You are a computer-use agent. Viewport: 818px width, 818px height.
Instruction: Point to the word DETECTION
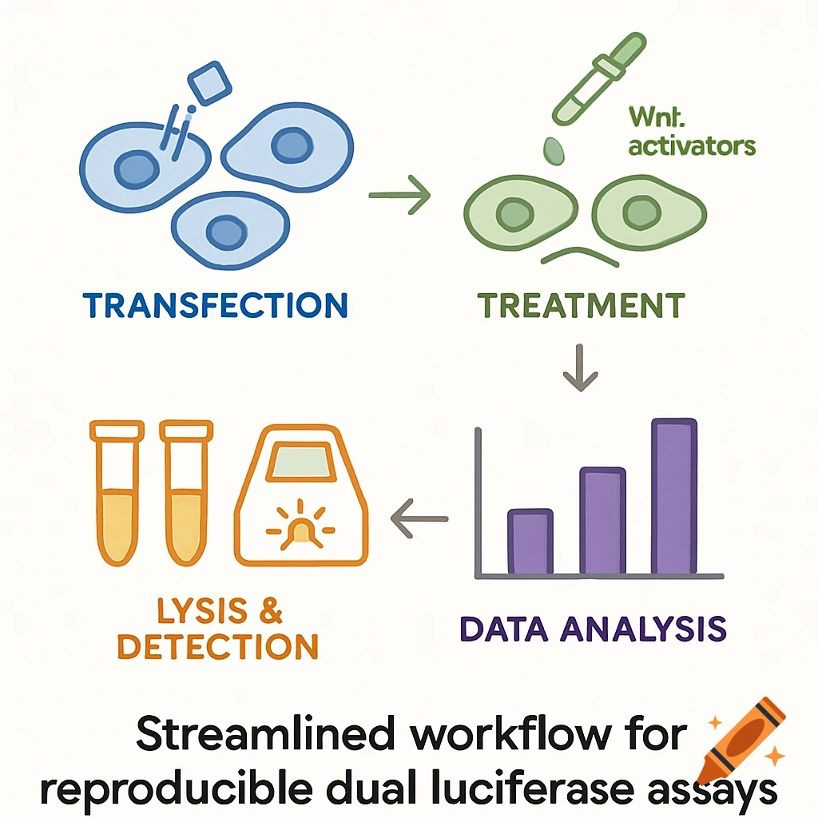[218, 646]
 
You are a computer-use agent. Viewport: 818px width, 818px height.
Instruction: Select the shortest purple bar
[530, 541]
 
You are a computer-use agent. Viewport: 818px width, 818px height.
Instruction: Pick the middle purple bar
[602, 520]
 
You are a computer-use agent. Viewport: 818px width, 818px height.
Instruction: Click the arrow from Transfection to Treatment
[399, 196]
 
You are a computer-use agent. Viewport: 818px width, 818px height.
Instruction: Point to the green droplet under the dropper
[554, 149]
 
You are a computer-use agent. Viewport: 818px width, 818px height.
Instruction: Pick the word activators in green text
[692, 146]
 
